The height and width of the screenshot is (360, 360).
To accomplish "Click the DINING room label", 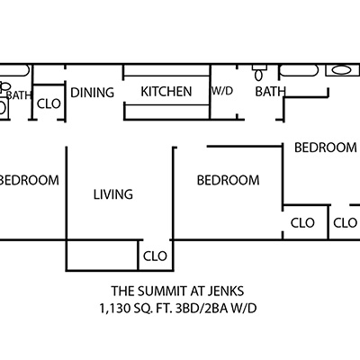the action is click(x=92, y=93).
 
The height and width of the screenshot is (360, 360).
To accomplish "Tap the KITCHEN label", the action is click(x=166, y=92).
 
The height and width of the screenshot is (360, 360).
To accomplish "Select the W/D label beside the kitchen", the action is click(x=222, y=91).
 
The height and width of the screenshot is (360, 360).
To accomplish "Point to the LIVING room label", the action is click(x=113, y=194).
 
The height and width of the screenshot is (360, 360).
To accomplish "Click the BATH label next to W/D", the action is click(x=270, y=92).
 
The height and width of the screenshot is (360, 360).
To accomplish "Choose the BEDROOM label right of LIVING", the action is click(x=229, y=180).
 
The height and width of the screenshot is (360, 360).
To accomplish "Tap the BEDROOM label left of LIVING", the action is click(x=29, y=180).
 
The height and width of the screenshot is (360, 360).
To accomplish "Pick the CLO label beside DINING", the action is click(x=49, y=103).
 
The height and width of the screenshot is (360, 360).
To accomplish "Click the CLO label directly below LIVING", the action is click(x=155, y=256).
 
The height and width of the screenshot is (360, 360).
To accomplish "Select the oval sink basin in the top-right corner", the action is click(x=342, y=70).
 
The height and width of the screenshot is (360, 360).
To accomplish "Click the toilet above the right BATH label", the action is click(x=259, y=73).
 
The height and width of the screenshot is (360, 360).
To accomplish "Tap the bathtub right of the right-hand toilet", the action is click(x=298, y=71).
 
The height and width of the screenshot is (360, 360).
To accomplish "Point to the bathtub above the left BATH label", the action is click(x=14, y=70).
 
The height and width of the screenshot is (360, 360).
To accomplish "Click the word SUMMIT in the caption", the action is click(x=165, y=291).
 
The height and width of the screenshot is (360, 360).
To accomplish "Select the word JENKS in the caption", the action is click(x=229, y=291).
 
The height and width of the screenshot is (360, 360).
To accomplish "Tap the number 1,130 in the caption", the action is click(x=115, y=309).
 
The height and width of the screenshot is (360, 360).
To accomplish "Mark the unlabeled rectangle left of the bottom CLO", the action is click(x=102, y=256).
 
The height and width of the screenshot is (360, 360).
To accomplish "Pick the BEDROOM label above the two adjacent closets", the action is click(x=326, y=148).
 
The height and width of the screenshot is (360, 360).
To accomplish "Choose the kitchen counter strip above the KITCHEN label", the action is click(x=166, y=70).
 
